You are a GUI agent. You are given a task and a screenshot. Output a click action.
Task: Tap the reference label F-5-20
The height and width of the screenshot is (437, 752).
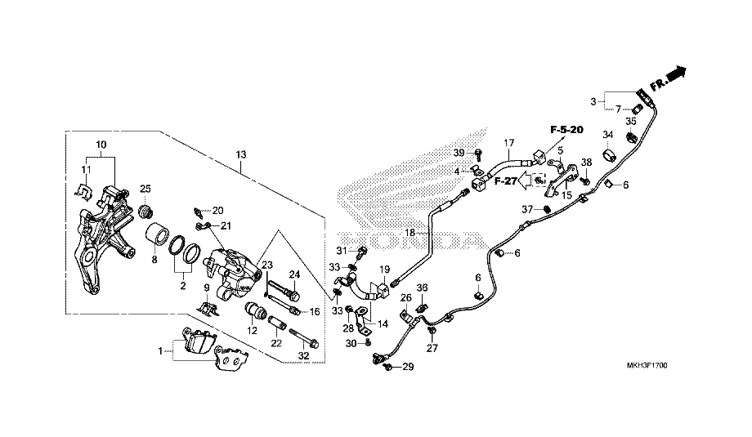click(566, 131)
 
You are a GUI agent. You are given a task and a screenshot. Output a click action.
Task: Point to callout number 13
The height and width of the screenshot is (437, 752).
click(242, 155)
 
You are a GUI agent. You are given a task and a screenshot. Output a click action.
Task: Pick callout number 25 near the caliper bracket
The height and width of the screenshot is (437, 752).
click(145, 190)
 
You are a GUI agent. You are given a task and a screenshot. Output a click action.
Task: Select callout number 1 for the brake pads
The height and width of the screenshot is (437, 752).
click(160, 351)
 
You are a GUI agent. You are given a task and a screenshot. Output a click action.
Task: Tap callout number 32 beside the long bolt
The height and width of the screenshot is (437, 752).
click(303, 356)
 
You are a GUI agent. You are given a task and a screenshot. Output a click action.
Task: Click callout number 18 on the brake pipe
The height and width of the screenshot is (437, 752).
click(412, 233)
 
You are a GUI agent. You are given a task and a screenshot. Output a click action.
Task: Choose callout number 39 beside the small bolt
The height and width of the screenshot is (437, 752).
click(459, 153)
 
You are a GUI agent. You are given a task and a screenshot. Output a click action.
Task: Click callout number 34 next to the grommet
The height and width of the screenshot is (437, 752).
click(607, 135)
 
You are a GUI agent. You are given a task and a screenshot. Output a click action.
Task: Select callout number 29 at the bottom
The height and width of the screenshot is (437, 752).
click(409, 368)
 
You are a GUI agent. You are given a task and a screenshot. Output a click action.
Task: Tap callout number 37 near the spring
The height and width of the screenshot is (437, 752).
click(528, 210)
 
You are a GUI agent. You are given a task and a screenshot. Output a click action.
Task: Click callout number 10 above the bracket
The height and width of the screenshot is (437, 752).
click(101, 145)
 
